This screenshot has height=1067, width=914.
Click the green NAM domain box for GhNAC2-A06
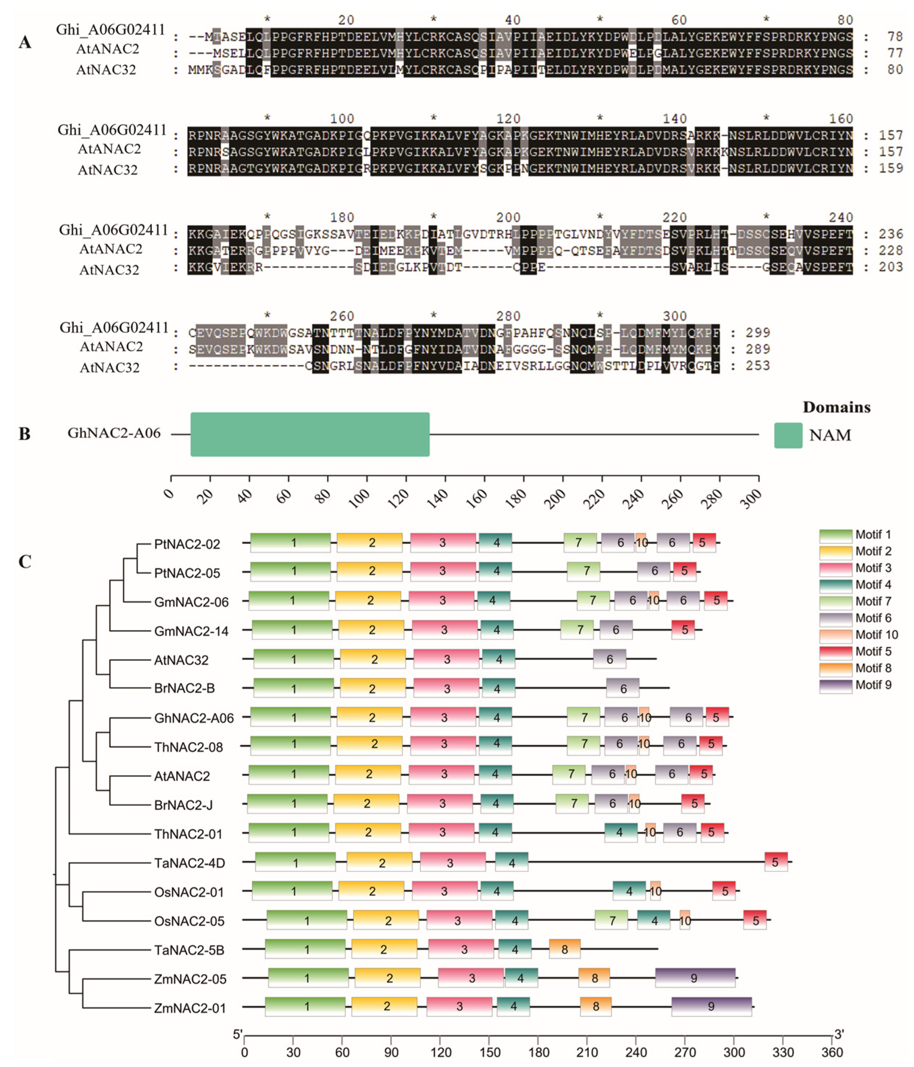tap(310, 434)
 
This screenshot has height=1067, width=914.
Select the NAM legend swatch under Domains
tap(788, 435)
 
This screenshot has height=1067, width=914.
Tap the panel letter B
tap(24, 434)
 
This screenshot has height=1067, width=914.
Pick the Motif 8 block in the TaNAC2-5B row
tap(565, 948)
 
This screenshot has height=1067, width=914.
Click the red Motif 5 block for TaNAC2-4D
tap(776, 862)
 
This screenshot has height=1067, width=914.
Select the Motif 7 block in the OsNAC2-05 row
tap(611, 920)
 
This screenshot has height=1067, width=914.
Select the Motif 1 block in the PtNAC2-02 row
tap(291, 542)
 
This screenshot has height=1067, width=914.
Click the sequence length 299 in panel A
tap(758, 333)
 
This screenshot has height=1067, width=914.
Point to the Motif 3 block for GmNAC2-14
tap(445, 629)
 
